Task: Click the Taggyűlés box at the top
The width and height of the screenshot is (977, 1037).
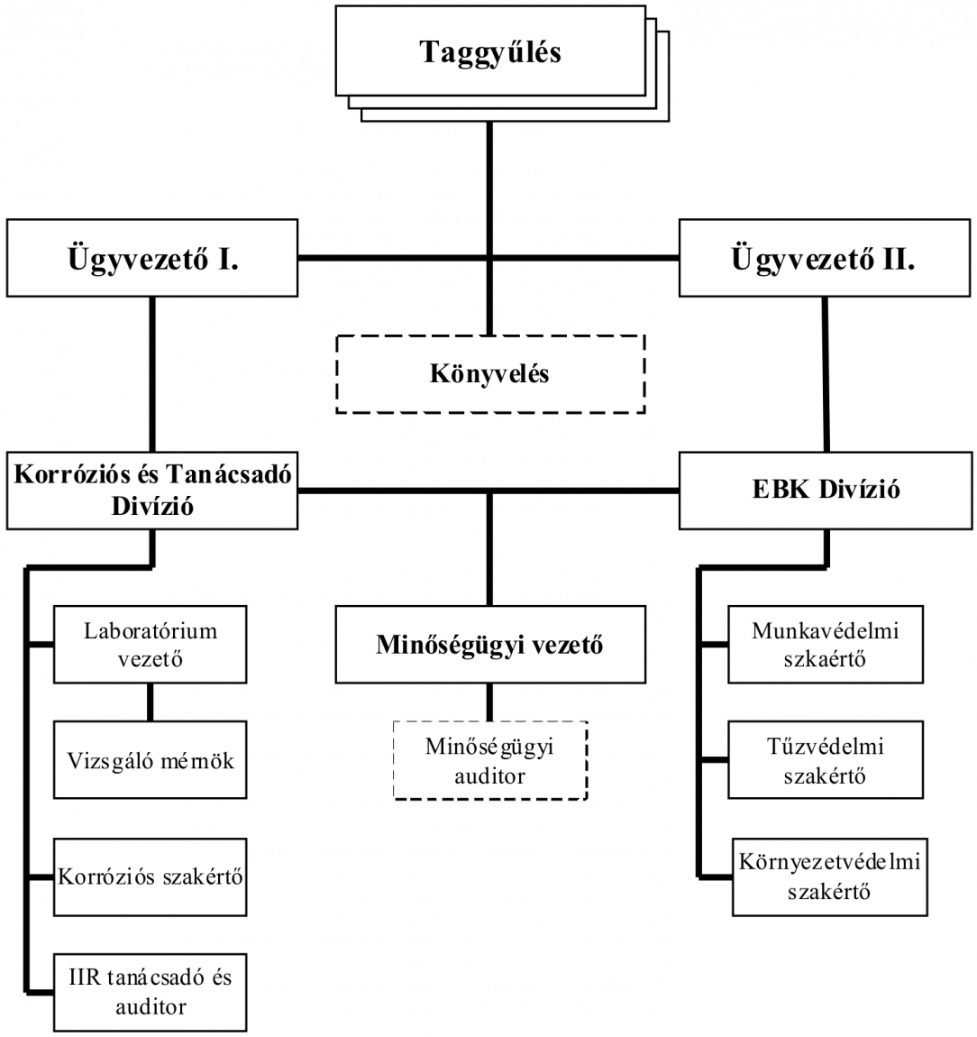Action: (490, 50)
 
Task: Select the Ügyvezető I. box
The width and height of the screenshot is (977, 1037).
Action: (152, 258)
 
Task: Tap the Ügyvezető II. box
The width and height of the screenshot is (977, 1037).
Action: (825, 258)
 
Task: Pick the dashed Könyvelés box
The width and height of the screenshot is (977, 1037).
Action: (490, 374)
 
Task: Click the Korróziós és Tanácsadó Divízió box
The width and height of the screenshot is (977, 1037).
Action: (152, 491)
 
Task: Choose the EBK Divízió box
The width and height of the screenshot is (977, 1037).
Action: (826, 491)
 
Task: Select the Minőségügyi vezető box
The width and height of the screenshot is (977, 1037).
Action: (490, 644)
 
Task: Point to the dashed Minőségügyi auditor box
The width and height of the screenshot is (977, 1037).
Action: (490, 760)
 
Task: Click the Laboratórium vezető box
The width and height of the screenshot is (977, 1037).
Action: (150, 644)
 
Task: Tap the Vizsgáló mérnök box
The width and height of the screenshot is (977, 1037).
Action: (150, 760)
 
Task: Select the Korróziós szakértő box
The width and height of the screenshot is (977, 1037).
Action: (150, 877)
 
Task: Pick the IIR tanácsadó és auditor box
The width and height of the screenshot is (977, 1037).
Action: (150, 992)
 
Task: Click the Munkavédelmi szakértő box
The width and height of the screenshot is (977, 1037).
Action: (826, 644)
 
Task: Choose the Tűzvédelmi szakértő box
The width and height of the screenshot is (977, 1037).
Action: (826, 760)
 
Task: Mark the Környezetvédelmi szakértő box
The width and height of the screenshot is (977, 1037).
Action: (829, 877)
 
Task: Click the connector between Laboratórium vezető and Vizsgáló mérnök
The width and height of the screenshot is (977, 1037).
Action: (150, 702)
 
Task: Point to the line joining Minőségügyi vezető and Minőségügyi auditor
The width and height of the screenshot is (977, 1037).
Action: (489, 702)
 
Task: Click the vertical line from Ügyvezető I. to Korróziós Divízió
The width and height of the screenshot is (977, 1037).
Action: (152, 374)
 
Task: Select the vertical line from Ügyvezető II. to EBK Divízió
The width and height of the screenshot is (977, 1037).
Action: (826, 374)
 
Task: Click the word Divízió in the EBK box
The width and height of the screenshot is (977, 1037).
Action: (859, 490)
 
